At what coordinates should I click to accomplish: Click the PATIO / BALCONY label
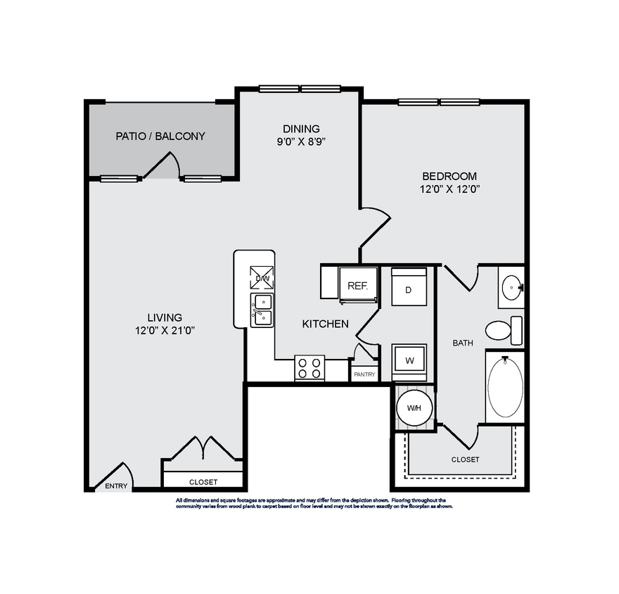[x=160, y=136]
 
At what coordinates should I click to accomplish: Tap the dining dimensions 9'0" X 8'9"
[x=301, y=140]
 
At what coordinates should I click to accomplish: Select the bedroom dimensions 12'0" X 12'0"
[x=449, y=189]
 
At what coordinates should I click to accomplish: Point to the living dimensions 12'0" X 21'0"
[x=165, y=330]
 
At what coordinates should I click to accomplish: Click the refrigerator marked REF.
[x=358, y=286]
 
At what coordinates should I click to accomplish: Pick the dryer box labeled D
[x=409, y=287]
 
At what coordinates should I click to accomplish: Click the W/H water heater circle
[x=414, y=408]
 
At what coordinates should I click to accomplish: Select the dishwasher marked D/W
[x=262, y=279]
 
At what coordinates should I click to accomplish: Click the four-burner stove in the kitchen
[x=309, y=368]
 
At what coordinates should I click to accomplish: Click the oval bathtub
[x=505, y=387]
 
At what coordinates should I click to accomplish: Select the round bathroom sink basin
[x=511, y=286]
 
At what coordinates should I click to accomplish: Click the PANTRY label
[x=364, y=375]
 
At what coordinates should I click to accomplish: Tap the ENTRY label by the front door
[x=117, y=486]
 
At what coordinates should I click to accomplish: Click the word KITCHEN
[x=325, y=324]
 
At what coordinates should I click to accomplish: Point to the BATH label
[x=462, y=343]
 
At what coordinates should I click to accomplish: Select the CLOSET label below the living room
[x=203, y=482]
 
